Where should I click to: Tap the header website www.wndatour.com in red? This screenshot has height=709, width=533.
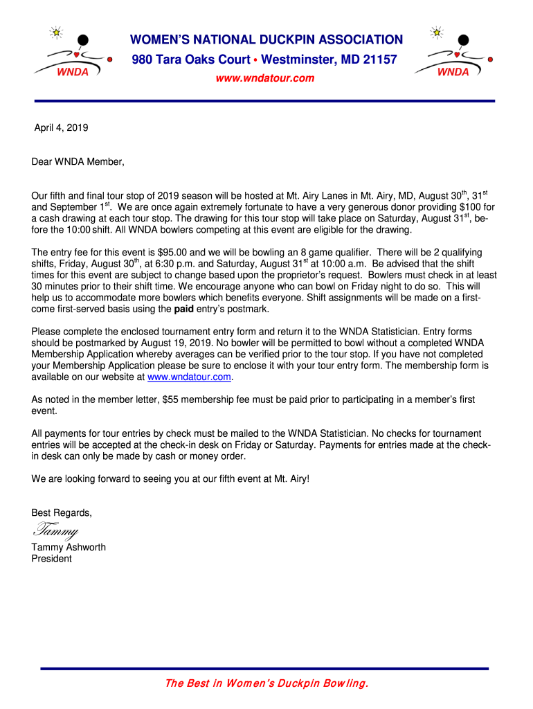[265, 78]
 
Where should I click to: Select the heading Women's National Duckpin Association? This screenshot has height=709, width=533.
[266, 40]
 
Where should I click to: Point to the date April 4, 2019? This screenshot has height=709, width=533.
[62, 127]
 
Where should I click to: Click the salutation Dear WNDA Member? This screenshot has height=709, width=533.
[78, 162]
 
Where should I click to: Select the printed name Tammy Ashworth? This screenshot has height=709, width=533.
[69, 547]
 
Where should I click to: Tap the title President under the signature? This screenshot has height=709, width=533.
[51, 558]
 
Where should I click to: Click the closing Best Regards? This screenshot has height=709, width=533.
[62, 513]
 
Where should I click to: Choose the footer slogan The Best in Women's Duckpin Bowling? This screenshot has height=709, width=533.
[266, 683]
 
